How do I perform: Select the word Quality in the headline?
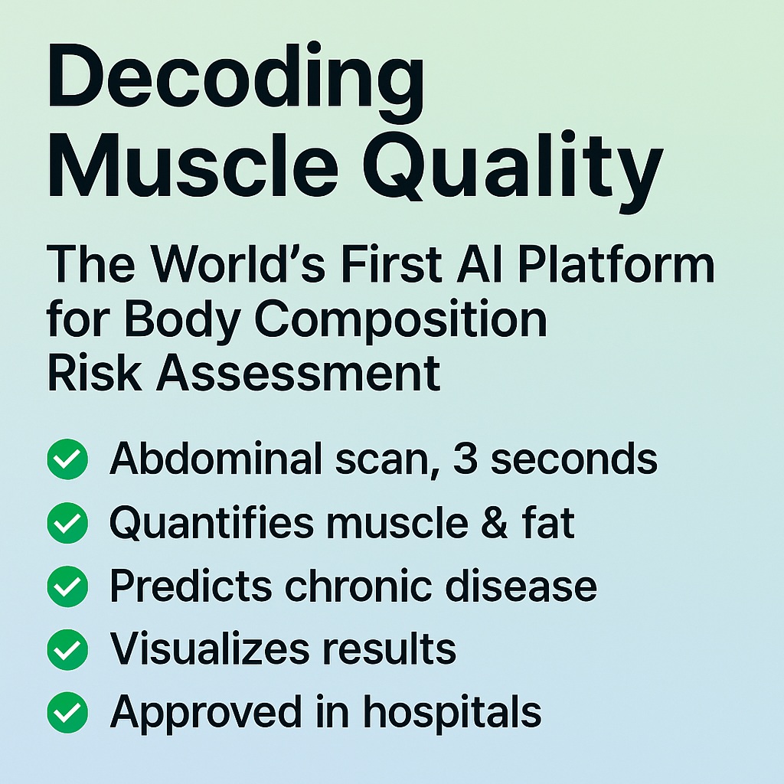512,172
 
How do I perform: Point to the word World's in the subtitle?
239,264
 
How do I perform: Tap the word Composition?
401,322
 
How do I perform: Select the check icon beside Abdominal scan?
67,459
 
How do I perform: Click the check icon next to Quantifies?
67,522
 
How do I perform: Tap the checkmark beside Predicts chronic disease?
67,586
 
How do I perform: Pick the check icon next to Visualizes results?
67,649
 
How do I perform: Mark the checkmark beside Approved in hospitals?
67,713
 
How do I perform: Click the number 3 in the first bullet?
465,459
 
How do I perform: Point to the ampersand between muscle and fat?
495,522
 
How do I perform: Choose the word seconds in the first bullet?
574,459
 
